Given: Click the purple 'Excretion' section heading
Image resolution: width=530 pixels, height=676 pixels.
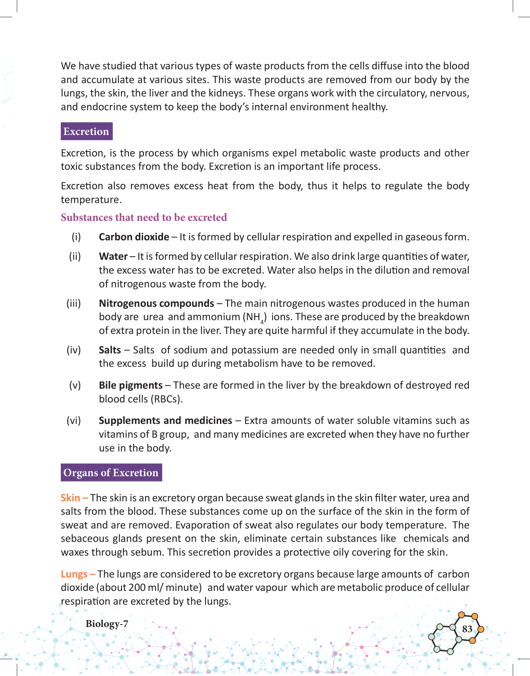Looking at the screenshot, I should (86, 131).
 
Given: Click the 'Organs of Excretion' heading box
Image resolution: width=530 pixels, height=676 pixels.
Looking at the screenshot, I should (111, 473).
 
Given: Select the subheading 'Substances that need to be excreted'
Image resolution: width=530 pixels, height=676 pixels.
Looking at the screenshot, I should (144, 218).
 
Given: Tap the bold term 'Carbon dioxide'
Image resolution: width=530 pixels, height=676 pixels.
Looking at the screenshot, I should (134, 237).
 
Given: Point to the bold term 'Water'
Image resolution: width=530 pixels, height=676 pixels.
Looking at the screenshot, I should (113, 257).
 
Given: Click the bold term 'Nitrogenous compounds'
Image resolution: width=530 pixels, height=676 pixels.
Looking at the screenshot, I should (156, 304).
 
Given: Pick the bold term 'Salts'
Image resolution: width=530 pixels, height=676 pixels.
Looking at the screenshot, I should (110, 350).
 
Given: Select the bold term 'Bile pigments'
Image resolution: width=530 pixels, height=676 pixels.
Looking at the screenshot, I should (130, 385).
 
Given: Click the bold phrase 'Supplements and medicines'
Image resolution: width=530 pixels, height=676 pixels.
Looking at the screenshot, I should (165, 421).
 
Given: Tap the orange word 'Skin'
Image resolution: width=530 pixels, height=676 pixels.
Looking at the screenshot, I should (71, 498).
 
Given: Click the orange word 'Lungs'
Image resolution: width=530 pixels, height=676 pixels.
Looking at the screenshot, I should (74, 574).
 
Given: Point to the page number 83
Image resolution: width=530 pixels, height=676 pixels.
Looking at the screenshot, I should (467, 629).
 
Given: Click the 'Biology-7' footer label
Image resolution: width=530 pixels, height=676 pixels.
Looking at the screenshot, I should (107, 624).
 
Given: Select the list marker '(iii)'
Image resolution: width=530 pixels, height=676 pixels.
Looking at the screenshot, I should (74, 304).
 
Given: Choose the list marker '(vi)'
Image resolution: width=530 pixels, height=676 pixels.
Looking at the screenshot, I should (74, 421).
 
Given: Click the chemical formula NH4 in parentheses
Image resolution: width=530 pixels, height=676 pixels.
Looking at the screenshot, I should (254, 317).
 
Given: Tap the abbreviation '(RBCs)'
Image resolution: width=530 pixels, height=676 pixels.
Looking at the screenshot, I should (167, 399).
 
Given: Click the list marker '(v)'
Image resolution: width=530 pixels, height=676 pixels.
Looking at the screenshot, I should (75, 385).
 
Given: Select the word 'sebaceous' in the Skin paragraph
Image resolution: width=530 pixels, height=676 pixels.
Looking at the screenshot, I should (85, 539).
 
